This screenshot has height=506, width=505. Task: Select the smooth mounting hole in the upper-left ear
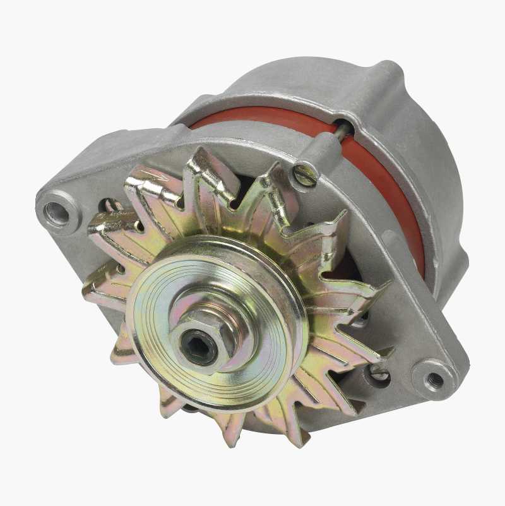pyautogui.click(x=57, y=213)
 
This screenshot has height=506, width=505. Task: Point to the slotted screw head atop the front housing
pyautogui.click(x=305, y=175)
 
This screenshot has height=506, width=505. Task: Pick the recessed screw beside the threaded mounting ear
pyautogui.click(x=379, y=373)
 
